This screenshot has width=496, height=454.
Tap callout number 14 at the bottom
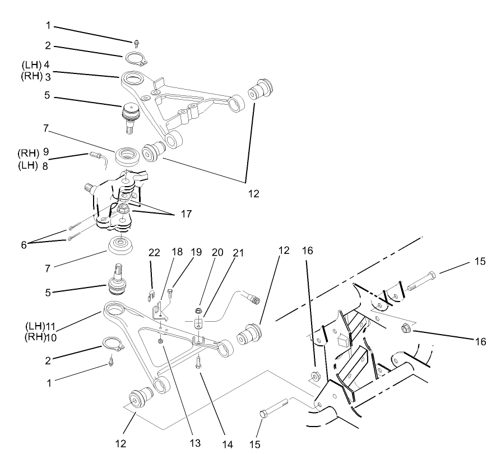(x=226, y=444)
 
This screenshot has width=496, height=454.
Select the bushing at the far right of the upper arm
(x=262, y=89)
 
